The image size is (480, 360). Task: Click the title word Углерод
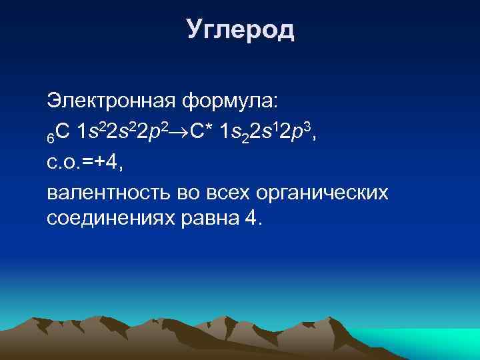point(240,29)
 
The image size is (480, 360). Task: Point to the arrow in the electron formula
point(181,133)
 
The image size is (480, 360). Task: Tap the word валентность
point(106,193)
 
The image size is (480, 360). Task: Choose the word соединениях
point(110,219)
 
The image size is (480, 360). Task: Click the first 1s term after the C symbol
point(89,132)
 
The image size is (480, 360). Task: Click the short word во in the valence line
point(184,193)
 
